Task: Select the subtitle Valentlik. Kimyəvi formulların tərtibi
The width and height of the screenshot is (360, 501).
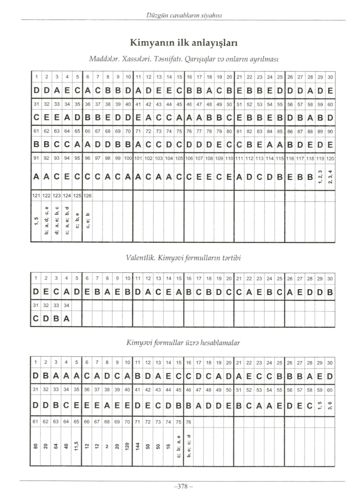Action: pos(183,258)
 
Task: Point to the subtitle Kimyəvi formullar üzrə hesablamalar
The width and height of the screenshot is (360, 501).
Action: pos(183,343)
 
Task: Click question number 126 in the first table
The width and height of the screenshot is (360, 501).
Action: pos(87,196)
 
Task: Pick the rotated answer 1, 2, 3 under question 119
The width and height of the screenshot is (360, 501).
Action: pos(320,176)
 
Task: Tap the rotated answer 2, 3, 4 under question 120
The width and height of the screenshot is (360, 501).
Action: pos(330,176)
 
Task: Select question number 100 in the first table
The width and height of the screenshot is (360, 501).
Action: pos(128,159)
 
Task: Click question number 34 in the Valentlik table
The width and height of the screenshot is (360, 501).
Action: pos(66,305)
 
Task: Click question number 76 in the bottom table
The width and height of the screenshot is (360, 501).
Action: pos(188,422)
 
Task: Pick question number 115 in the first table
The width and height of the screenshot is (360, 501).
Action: pos(280,159)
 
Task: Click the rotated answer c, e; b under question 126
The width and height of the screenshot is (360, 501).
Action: pos(87,220)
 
